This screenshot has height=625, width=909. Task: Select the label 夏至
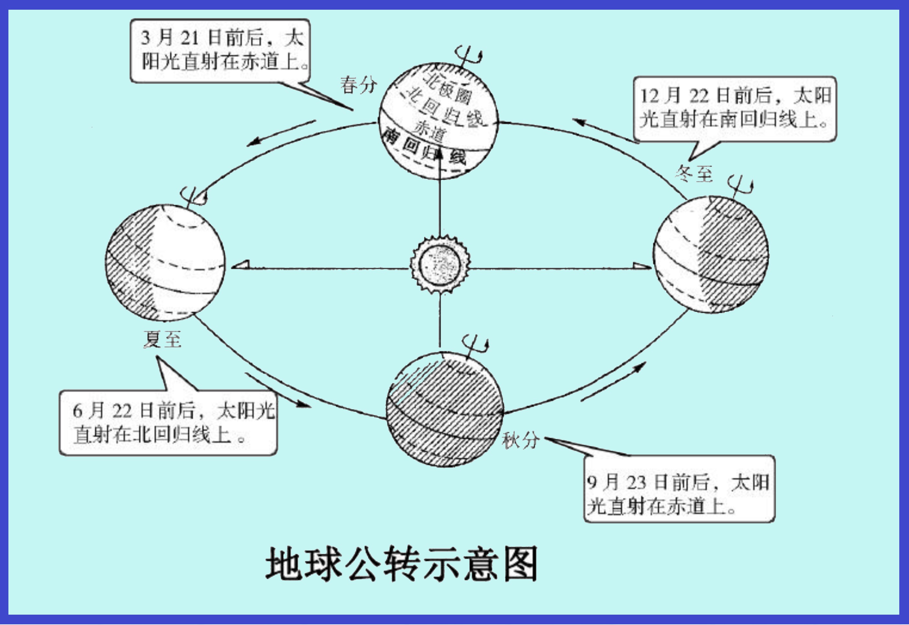tap(162, 339)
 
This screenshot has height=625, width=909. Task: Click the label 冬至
tap(693, 173)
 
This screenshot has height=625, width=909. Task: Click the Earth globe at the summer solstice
tap(165, 263)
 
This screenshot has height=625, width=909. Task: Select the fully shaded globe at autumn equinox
tap(445, 410)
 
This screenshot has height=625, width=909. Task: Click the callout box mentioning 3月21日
tap(220, 50)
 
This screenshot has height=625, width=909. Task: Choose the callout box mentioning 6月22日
tap(168, 422)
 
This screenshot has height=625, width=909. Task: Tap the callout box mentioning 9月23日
tap(679, 488)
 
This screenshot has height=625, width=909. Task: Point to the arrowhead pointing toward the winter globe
tap(642, 266)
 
